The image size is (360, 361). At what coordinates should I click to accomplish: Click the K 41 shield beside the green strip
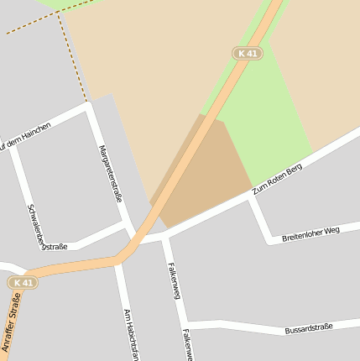coord(248,54)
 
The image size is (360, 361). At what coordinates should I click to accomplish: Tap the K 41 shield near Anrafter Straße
coord(23,283)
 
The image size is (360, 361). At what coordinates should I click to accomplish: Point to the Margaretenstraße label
coord(110,174)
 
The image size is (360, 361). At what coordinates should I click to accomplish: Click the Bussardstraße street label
coord(309,327)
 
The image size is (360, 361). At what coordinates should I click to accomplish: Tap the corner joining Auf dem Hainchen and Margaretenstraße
coord(89,107)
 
